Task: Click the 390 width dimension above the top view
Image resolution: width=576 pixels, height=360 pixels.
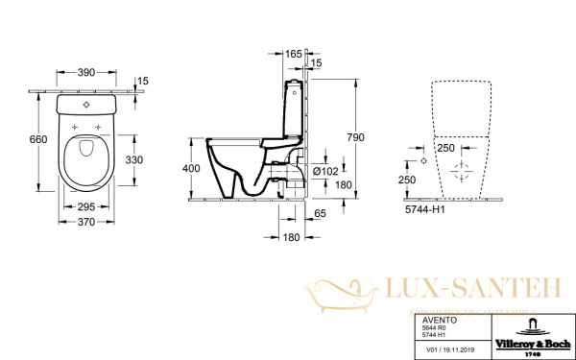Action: tap(85, 73)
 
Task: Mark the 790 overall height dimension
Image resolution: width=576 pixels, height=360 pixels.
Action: tap(356, 137)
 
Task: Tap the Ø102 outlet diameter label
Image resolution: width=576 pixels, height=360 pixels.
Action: tap(332, 171)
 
